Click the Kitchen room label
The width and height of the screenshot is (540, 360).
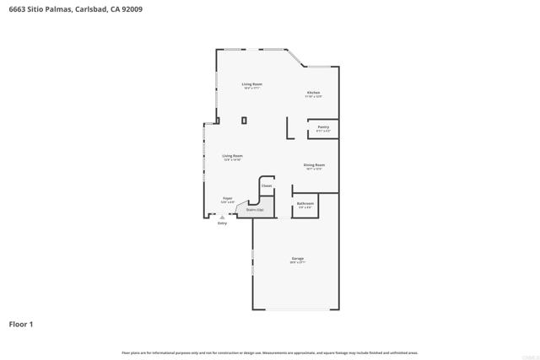(x=313, y=93)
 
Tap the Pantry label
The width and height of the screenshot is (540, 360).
(x=323, y=127)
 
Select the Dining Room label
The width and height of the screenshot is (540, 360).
(x=315, y=165)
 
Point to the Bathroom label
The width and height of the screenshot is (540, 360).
(x=305, y=203)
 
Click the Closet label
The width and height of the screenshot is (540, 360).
(x=267, y=185)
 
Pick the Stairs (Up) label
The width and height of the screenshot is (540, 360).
(x=255, y=209)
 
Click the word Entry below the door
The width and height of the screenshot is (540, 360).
(x=223, y=223)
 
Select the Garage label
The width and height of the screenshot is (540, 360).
(x=298, y=258)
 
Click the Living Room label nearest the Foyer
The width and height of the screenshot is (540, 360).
(x=233, y=156)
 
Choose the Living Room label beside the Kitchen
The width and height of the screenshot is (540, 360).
(x=252, y=83)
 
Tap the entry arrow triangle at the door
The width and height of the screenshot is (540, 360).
(x=223, y=217)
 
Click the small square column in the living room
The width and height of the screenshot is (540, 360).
(x=244, y=121)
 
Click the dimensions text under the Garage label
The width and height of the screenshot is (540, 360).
(x=298, y=262)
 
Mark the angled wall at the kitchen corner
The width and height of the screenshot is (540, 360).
(x=295, y=58)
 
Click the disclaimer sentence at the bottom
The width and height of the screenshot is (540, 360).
(x=270, y=352)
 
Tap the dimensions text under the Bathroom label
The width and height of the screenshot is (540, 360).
(x=305, y=207)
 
